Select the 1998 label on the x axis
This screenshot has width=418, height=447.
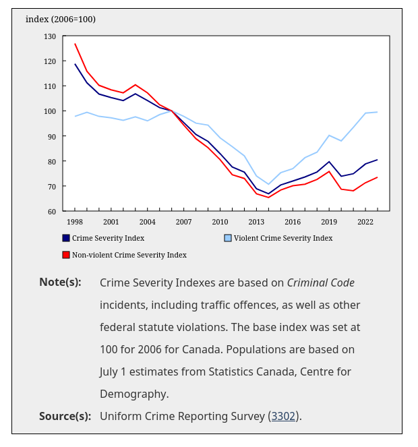pos(75,222)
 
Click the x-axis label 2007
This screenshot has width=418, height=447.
pos(183,222)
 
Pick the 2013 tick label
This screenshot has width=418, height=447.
pos(256,222)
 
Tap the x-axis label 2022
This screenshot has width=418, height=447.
pos(365,222)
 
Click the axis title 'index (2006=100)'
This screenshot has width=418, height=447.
pos(61,19)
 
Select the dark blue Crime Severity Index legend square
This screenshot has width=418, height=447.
pos(66,238)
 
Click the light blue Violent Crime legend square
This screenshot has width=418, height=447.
pos(228,238)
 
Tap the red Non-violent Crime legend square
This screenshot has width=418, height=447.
pos(66,255)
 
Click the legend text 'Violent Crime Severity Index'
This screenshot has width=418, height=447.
pos(283,238)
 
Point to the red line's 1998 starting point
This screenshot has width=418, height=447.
pos(75,44)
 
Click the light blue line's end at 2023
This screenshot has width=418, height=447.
pos(377,112)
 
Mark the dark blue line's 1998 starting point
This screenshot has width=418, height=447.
pos(75,64)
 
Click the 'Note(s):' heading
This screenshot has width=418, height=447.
pos(60,282)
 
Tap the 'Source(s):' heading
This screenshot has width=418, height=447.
pos(65,416)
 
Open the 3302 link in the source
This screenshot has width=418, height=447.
pos(283,416)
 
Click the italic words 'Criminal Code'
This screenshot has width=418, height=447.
pos(321,282)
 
